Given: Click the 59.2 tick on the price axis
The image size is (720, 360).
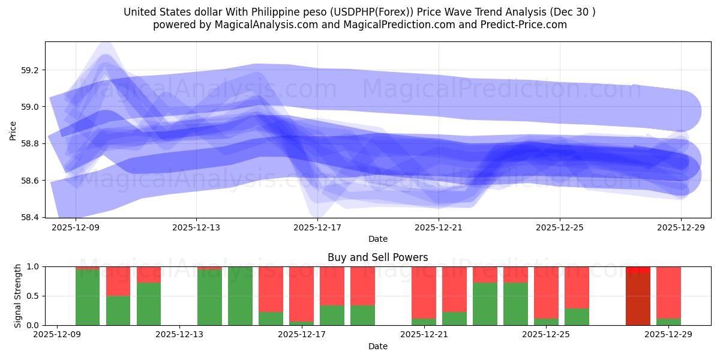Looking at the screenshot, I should [x=29, y=70].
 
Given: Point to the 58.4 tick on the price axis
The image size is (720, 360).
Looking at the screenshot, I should [x=29, y=217].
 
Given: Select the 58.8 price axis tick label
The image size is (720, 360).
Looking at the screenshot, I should [x=29, y=144].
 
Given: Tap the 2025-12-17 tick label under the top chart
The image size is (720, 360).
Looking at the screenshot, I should [x=317, y=228].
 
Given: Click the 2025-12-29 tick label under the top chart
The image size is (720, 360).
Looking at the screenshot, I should [x=681, y=228].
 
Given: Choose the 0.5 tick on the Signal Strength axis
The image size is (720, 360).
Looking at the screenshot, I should [x=33, y=296].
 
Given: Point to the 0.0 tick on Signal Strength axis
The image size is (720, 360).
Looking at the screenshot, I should [x=33, y=325].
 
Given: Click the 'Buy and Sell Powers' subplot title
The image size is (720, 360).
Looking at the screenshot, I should [x=377, y=257].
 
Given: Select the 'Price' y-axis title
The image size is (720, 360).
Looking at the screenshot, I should [x=13, y=130].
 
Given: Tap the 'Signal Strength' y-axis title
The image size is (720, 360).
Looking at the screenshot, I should [x=18, y=296].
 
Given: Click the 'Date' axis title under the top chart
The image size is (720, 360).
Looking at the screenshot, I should [x=377, y=239].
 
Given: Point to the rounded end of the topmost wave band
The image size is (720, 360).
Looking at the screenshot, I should [x=681, y=111].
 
